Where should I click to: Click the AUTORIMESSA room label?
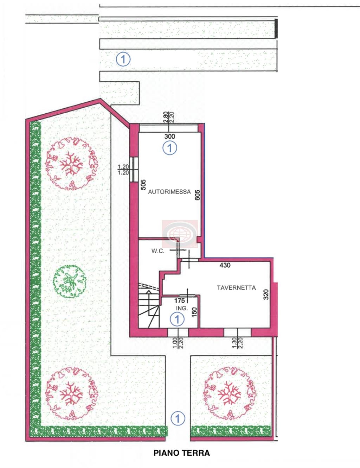point(169,192)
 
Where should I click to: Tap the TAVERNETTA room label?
point(236,288)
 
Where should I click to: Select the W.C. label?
point(158,251)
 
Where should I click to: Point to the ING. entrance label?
point(182,308)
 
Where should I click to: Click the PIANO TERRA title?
point(182,453)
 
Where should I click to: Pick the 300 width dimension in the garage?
point(169,136)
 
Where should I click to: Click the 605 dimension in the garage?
point(198,195)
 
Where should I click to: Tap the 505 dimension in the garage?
point(143,185)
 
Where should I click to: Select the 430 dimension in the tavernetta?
point(225,265)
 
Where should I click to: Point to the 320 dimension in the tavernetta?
point(266,295)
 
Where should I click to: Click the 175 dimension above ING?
point(180,301)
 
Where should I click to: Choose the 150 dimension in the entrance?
point(194,312)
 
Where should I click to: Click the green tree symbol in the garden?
point(70,282)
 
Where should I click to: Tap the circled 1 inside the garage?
point(170,148)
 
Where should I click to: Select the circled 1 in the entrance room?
point(177,319)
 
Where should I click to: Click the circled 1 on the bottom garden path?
point(178,419)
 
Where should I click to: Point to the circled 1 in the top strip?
point(123,59)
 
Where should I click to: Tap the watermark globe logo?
point(180,234)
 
